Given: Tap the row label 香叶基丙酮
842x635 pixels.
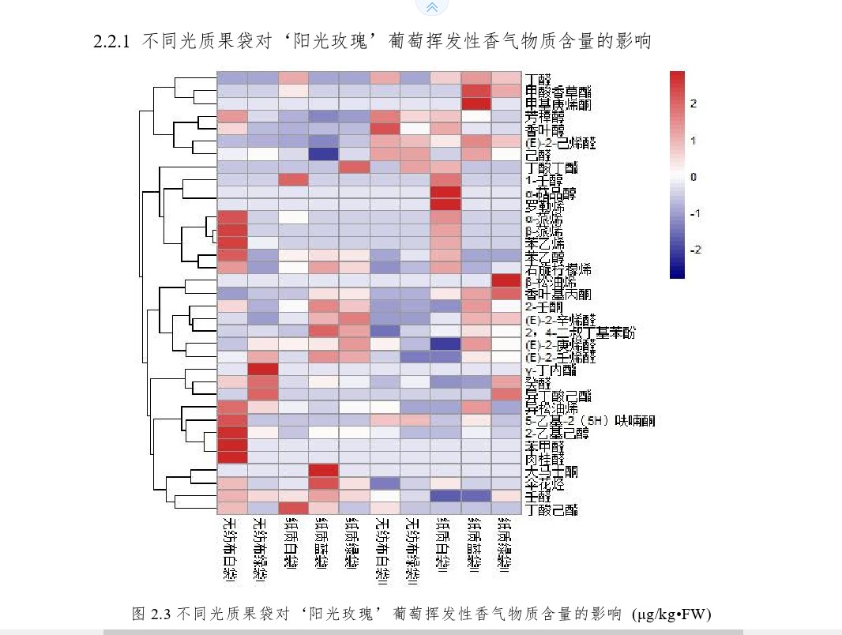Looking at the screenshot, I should coord(558,294).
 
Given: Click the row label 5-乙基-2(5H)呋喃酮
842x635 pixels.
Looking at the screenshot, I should coord(589,421).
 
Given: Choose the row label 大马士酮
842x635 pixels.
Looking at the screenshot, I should coord(551,472).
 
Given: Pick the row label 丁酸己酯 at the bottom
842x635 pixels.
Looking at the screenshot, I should coord(551,509).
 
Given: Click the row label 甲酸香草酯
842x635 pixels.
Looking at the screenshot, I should coord(558,92).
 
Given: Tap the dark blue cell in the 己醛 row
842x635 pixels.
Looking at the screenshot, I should coord(324,155).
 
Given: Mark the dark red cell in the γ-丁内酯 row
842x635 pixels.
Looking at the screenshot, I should coord(263,370).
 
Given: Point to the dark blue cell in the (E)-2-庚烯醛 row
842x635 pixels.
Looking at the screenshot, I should coord(446,344).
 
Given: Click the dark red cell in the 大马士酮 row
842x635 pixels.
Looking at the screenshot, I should coord(324,472).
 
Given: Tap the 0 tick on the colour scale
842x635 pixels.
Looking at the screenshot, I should coord(694,177).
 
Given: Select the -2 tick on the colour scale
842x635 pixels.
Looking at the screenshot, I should coord(695,250).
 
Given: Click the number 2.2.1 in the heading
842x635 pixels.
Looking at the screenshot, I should coord(111,42).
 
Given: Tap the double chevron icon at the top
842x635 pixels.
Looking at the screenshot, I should coord(431,7).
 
